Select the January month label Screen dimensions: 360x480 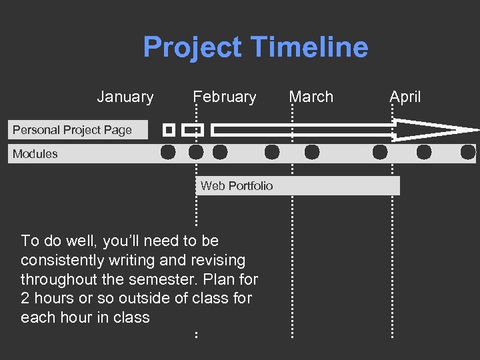coord(125,97)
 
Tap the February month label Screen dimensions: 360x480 coord(225,97)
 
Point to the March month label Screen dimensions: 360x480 coord(311,97)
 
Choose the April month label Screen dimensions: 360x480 coord(405,97)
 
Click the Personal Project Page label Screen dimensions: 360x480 coord(72,130)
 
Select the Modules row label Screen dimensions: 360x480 coord(35,154)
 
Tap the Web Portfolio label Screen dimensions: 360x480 coord(237,186)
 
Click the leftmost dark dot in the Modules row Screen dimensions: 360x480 coord(168,153)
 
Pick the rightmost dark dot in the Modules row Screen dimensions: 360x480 coord(468,153)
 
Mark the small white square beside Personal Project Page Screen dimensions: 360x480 coord(169,130)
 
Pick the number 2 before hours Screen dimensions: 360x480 coord(25,299)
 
